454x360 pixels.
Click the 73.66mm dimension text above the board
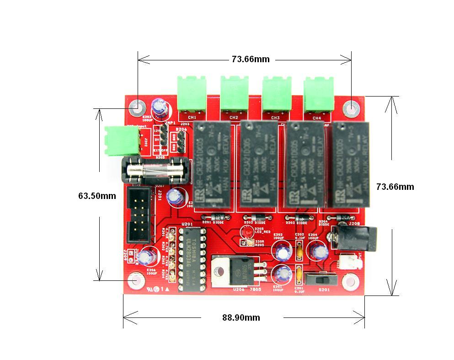(251, 59)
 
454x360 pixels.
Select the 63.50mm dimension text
(97, 196)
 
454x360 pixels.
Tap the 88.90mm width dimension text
(241, 317)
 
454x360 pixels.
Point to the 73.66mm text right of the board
(395, 187)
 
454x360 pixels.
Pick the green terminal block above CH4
(318, 94)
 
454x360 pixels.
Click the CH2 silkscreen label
(234, 118)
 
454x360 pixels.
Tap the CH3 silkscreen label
(275, 118)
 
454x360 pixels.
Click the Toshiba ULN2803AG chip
(192, 257)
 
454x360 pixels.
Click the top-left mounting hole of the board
(135, 108)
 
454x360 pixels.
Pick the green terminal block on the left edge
(121, 140)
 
